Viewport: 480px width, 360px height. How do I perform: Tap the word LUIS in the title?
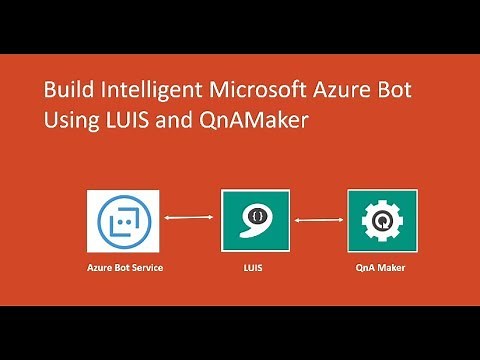(125, 123)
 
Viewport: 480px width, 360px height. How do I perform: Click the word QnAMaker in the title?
(247, 123)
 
